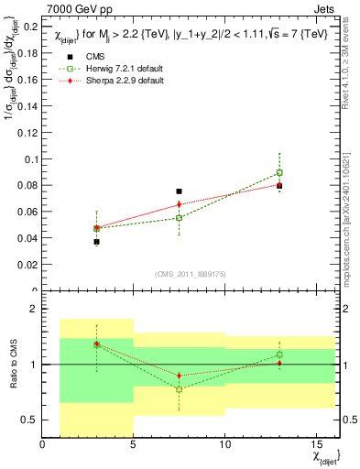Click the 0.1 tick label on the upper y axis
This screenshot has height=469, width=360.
click(x=29, y=159)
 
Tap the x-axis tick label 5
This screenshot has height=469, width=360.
click(x=134, y=446)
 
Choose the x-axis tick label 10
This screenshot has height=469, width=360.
click(x=224, y=446)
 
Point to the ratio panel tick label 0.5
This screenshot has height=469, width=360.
click(x=29, y=420)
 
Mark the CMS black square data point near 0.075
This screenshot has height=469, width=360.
click(x=179, y=191)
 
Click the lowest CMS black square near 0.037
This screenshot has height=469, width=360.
click(x=96, y=242)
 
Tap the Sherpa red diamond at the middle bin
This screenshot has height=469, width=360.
click(x=179, y=204)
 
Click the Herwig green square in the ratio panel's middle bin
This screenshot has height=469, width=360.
click(x=179, y=389)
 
